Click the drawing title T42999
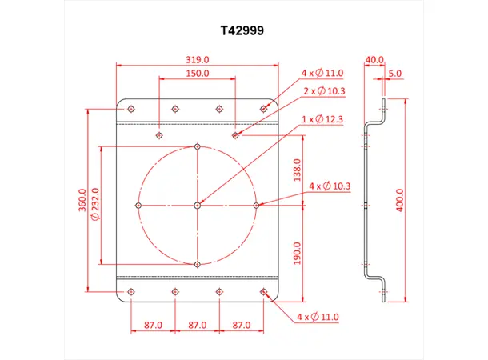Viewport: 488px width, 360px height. (244, 30)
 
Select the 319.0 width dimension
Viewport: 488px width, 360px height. (197, 59)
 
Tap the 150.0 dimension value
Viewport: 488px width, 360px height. (197, 73)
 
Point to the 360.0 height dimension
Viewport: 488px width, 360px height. (82, 200)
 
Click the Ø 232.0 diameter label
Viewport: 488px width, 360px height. (95, 204)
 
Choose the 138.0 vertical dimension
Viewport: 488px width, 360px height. (297, 170)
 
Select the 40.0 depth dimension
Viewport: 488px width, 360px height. (374, 59)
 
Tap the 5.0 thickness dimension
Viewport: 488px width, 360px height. (395, 73)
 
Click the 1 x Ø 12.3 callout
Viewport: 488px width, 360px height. (322, 119)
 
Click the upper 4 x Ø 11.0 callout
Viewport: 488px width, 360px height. (322, 73)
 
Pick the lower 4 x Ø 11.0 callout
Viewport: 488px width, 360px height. (318, 318)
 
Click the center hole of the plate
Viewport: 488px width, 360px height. (198, 206)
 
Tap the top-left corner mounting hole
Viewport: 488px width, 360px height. (131, 108)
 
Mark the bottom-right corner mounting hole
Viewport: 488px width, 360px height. (264, 292)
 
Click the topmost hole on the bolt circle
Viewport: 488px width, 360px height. (198, 146)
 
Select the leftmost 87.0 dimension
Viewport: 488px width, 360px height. (153, 326)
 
